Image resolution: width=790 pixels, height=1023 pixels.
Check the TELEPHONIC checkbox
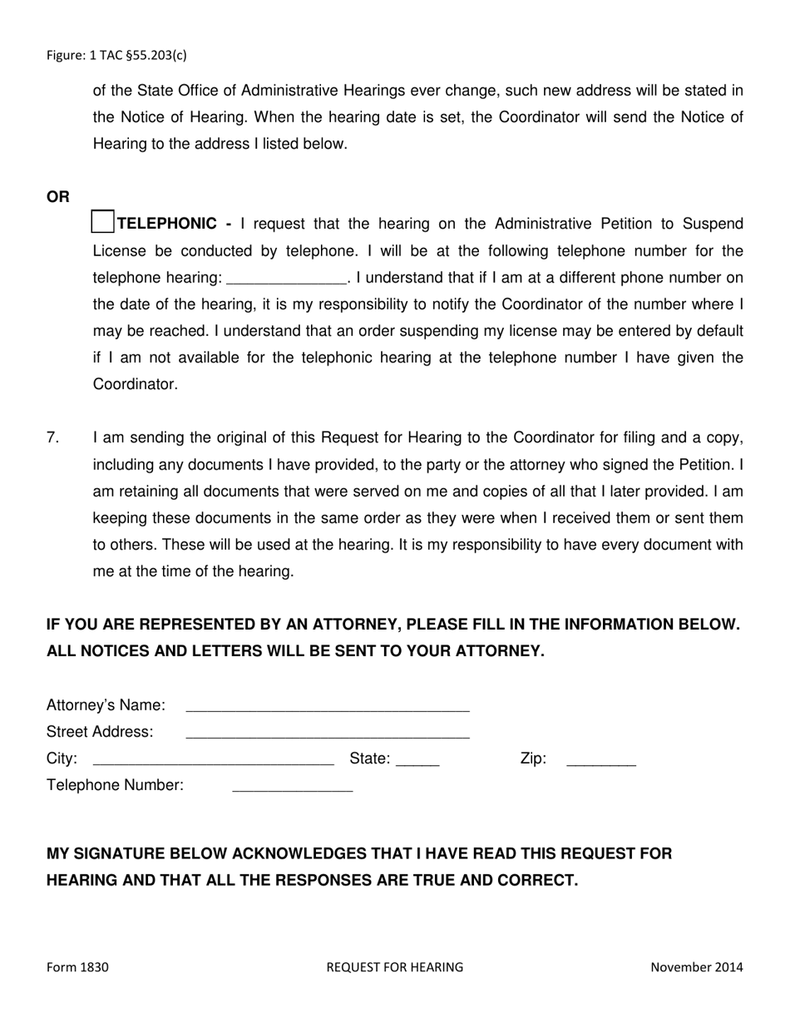pyautogui.click(x=102, y=222)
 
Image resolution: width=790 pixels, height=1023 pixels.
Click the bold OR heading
pyautogui.click(x=58, y=197)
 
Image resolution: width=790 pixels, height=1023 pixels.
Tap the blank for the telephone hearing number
pyautogui.click(x=285, y=279)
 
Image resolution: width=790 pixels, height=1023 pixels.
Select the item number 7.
pyautogui.click(x=53, y=437)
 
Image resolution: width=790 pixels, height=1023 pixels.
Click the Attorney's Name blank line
pyautogui.click(x=328, y=707)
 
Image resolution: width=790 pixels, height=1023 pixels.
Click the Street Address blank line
pyautogui.click(x=328, y=734)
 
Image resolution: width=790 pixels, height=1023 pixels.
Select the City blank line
pyautogui.click(x=214, y=760)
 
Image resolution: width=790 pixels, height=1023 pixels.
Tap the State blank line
pyautogui.click(x=417, y=760)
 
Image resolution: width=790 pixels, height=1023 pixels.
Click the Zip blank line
pyautogui.click(x=600, y=760)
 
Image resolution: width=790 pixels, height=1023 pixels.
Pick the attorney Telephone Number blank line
pyautogui.click(x=293, y=787)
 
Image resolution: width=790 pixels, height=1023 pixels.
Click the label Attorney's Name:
pyautogui.click(x=106, y=705)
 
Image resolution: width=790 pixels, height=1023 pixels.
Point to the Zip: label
pyautogui.click(x=533, y=759)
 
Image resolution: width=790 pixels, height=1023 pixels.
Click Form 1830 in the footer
pyautogui.click(x=77, y=967)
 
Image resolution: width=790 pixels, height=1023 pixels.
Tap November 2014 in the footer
pyautogui.click(x=696, y=967)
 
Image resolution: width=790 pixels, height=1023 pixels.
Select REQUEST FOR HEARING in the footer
pyautogui.click(x=394, y=967)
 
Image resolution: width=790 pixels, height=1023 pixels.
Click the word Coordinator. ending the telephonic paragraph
pyautogui.click(x=135, y=385)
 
